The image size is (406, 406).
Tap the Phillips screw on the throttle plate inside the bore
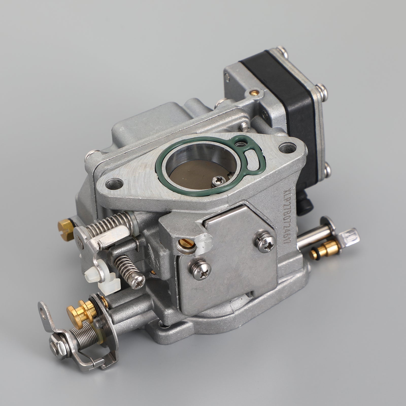click(218, 180)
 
